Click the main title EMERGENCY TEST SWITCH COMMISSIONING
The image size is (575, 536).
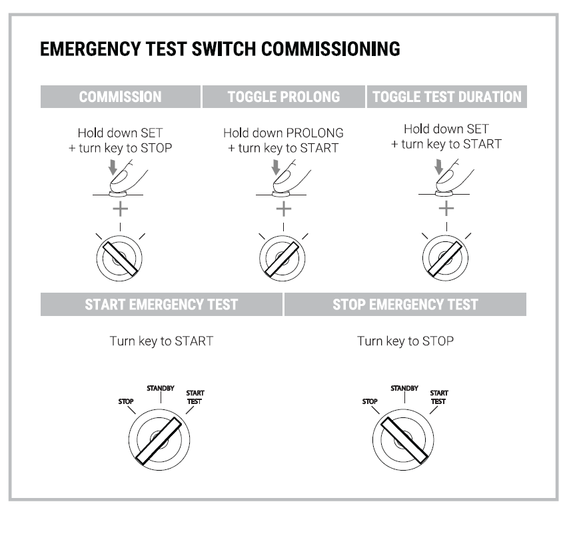[x=220, y=50]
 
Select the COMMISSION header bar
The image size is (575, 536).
[x=120, y=97]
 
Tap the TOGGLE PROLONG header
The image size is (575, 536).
[x=284, y=97]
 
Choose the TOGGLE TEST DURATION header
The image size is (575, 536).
[x=447, y=97]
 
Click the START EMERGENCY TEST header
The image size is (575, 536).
[x=161, y=305]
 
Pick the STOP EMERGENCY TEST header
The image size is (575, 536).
[x=405, y=305]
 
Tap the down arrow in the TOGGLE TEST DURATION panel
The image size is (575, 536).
[x=438, y=167]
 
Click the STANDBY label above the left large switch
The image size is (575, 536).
[x=160, y=386]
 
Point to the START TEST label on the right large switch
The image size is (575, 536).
[x=438, y=397]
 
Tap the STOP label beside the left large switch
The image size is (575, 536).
[x=125, y=402]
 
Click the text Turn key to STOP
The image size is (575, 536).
[x=405, y=341]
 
